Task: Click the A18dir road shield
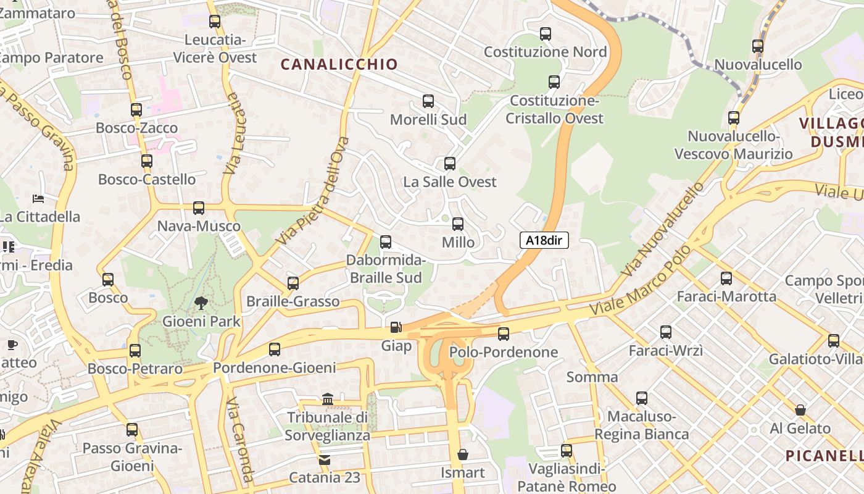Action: click(544, 240)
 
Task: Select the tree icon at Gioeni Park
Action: click(201, 303)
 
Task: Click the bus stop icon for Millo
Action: click(457, 224)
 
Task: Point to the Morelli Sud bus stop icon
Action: click(428, 101)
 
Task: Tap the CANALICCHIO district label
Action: click(339, 64)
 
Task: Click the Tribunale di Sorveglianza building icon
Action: click(328, 400)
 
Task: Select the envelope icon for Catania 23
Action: click(325, 459)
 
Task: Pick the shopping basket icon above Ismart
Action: click(462, 455)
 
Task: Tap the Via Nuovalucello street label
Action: click(663, 229)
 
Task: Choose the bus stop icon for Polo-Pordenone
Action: click(504, 334)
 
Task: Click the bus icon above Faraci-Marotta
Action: click(726, 278)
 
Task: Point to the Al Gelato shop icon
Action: click(800, 410)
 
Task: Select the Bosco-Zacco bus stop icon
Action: click(136, 110)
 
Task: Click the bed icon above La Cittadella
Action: click(38, 199)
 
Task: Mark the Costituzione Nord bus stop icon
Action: click(545, 34)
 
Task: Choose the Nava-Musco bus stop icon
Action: click(198, 208)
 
